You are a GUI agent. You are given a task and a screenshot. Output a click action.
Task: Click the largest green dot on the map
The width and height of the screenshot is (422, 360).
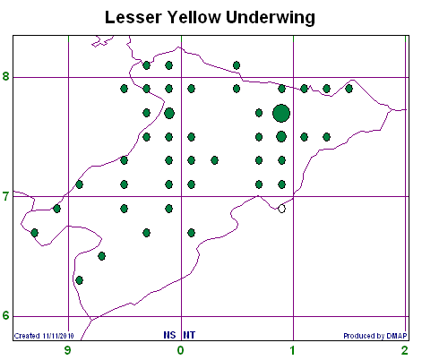pos(281,113)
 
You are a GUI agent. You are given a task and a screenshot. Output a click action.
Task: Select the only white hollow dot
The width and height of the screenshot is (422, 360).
pos(281,209)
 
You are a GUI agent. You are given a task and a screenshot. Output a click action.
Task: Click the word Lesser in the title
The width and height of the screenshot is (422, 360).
pos(133,17)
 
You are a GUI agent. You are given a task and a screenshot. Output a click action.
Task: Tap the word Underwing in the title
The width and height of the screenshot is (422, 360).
pos(271,17)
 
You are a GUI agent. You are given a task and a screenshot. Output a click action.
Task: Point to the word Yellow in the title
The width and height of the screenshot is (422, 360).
pos(194,17)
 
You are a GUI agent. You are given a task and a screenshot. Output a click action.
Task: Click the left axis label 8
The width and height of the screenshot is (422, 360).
pos(6,76)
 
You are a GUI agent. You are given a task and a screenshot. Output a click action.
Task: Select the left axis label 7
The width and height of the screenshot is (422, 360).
pos(6,197)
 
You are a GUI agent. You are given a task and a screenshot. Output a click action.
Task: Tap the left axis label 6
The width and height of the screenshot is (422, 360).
pos(6,315)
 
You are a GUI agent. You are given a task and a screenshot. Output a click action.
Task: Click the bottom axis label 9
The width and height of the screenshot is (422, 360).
pos(68,350)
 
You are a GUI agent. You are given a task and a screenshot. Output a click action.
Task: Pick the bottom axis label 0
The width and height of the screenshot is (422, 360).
pos(180,350)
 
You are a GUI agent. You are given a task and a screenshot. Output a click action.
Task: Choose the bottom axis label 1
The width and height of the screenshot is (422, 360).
pos(293,350)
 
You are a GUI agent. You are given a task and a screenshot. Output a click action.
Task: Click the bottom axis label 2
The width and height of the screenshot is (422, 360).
pos(405,350)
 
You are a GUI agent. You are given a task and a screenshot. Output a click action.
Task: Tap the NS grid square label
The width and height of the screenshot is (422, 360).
pos(169,335)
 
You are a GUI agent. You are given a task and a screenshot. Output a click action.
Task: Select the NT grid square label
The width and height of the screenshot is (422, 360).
pos(189,335)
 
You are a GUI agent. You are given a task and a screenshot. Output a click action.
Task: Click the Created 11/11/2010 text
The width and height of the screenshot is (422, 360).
pos(44,336)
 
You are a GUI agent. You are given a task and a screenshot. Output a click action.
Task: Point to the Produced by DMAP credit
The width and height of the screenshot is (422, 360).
pos(375,336)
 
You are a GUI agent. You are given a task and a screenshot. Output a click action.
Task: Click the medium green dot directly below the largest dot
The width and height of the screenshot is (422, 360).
pos(281,137)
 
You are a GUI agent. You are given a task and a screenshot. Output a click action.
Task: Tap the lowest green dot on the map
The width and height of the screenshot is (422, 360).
pos(79,280)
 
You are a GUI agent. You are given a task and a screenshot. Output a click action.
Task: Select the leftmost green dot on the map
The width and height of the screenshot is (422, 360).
pos(35,233)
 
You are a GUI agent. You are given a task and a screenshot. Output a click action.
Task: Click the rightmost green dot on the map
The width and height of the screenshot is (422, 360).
pos(349,89)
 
